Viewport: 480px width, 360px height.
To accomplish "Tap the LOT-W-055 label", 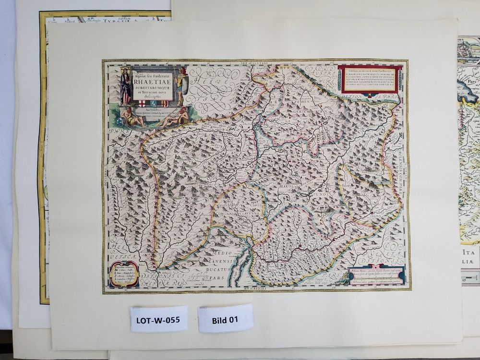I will pos(158,319).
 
